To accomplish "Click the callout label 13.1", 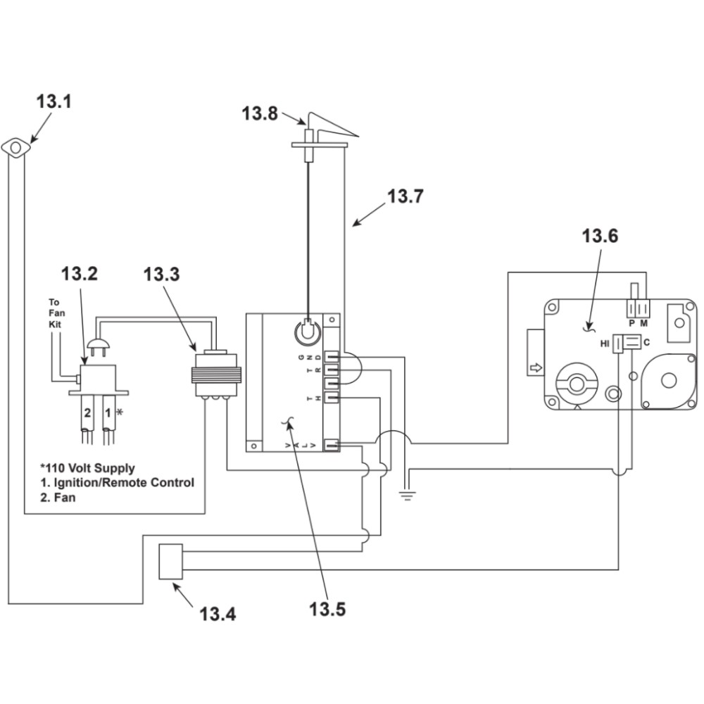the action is tap(54, 101).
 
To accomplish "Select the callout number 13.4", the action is tap(218, 614).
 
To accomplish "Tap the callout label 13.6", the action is tap(600, 236).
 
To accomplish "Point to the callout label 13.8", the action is tap(260, 113).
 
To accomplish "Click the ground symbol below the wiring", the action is tap(407, 496).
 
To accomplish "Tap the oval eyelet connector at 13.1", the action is tap(16, 147).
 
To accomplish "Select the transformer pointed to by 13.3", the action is tap(216, 374).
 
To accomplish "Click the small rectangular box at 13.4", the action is tap(171, 562).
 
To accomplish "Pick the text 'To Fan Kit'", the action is tap(56, 313).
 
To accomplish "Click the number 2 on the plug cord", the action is tap(87, 413).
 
